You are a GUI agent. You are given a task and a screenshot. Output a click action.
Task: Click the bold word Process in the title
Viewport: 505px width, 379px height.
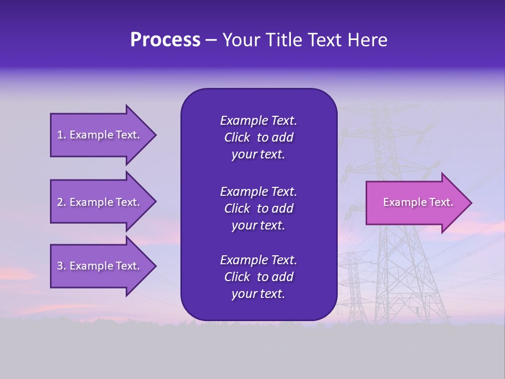pos(165,40)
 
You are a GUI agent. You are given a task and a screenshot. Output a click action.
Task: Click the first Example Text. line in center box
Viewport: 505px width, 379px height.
pos(258,121)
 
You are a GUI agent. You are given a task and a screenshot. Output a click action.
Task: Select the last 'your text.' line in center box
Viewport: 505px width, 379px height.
pos(258,294)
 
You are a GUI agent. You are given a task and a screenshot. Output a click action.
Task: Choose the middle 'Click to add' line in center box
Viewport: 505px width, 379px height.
pos(258,208)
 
